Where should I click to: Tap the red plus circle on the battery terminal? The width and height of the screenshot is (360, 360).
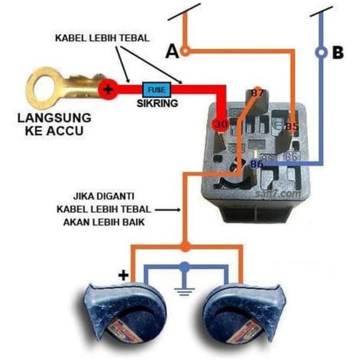coord(108,89)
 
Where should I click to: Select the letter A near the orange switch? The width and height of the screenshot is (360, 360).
coord(172,52)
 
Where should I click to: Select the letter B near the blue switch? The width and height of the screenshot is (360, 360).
coord(337,53)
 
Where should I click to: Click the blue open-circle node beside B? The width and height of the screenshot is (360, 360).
coord(321,52)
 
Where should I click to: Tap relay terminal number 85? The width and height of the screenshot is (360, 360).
coord(292,127)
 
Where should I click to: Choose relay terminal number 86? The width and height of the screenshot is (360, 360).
coord(257,164)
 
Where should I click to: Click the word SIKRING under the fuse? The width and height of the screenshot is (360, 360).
coord(157,103)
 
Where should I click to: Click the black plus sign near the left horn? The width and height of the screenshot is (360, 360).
coord(122,275)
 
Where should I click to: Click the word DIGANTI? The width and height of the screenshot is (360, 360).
coord(118,197)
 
